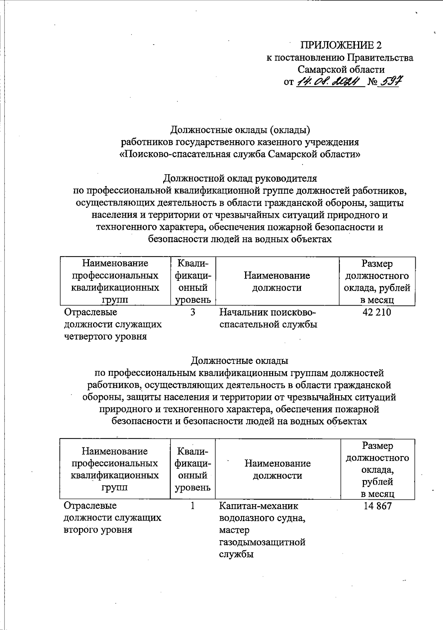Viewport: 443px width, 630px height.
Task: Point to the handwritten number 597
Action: (x=390, y=81)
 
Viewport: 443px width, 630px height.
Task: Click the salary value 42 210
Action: (x=377, y=312)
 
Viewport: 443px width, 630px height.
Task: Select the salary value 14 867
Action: (x=377, y=506)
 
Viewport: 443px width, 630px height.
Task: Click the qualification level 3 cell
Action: (x=193, y=312)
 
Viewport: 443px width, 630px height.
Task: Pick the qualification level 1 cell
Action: (x=193, y=506)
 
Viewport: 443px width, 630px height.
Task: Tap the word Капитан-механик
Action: (x=258, y=506)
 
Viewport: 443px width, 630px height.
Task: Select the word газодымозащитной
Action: (x=262, y=542)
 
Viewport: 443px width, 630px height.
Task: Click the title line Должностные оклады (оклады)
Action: (x=240, y=130)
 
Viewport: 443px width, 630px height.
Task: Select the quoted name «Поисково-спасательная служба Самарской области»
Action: (x=240, y=154)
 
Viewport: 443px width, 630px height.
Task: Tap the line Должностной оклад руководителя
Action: (x=240, y=178)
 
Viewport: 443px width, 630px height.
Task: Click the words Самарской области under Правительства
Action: (x=341, y=69)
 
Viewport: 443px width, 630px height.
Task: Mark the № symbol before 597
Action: (x=372, y=82)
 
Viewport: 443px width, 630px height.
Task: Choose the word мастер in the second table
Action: (x=234, y=530)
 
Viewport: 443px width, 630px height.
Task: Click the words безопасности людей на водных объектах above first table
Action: (x=240, y=239)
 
